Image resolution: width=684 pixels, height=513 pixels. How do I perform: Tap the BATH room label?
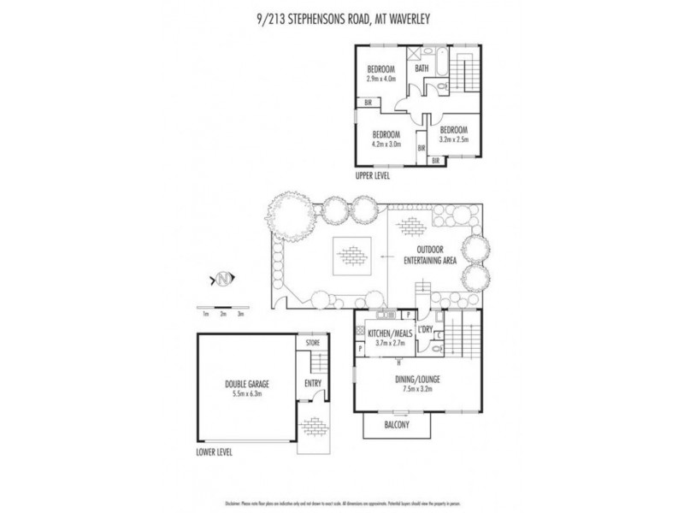click(x=422, y=68)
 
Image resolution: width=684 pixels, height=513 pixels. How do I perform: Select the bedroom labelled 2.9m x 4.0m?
click(x=380, y=73)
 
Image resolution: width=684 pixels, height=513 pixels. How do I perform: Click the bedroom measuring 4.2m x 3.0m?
click(x=386, y=139)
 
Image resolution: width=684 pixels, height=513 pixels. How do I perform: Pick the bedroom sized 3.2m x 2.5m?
click(x=453, y=134)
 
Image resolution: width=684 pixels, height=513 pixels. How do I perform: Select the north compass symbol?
click(x=223, y=279)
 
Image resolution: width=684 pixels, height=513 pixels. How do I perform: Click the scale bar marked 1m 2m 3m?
click(x=223, y=307)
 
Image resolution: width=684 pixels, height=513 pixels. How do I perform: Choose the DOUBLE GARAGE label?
click(x=247, y=388)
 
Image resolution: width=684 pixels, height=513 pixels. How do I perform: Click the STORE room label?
click(x=312, y=343)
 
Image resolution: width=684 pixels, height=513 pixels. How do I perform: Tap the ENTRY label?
click(x=312, y=383)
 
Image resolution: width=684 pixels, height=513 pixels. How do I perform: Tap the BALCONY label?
click(x=396, y=425)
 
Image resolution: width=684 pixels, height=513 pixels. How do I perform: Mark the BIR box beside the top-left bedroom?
click(x=369, y=103)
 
